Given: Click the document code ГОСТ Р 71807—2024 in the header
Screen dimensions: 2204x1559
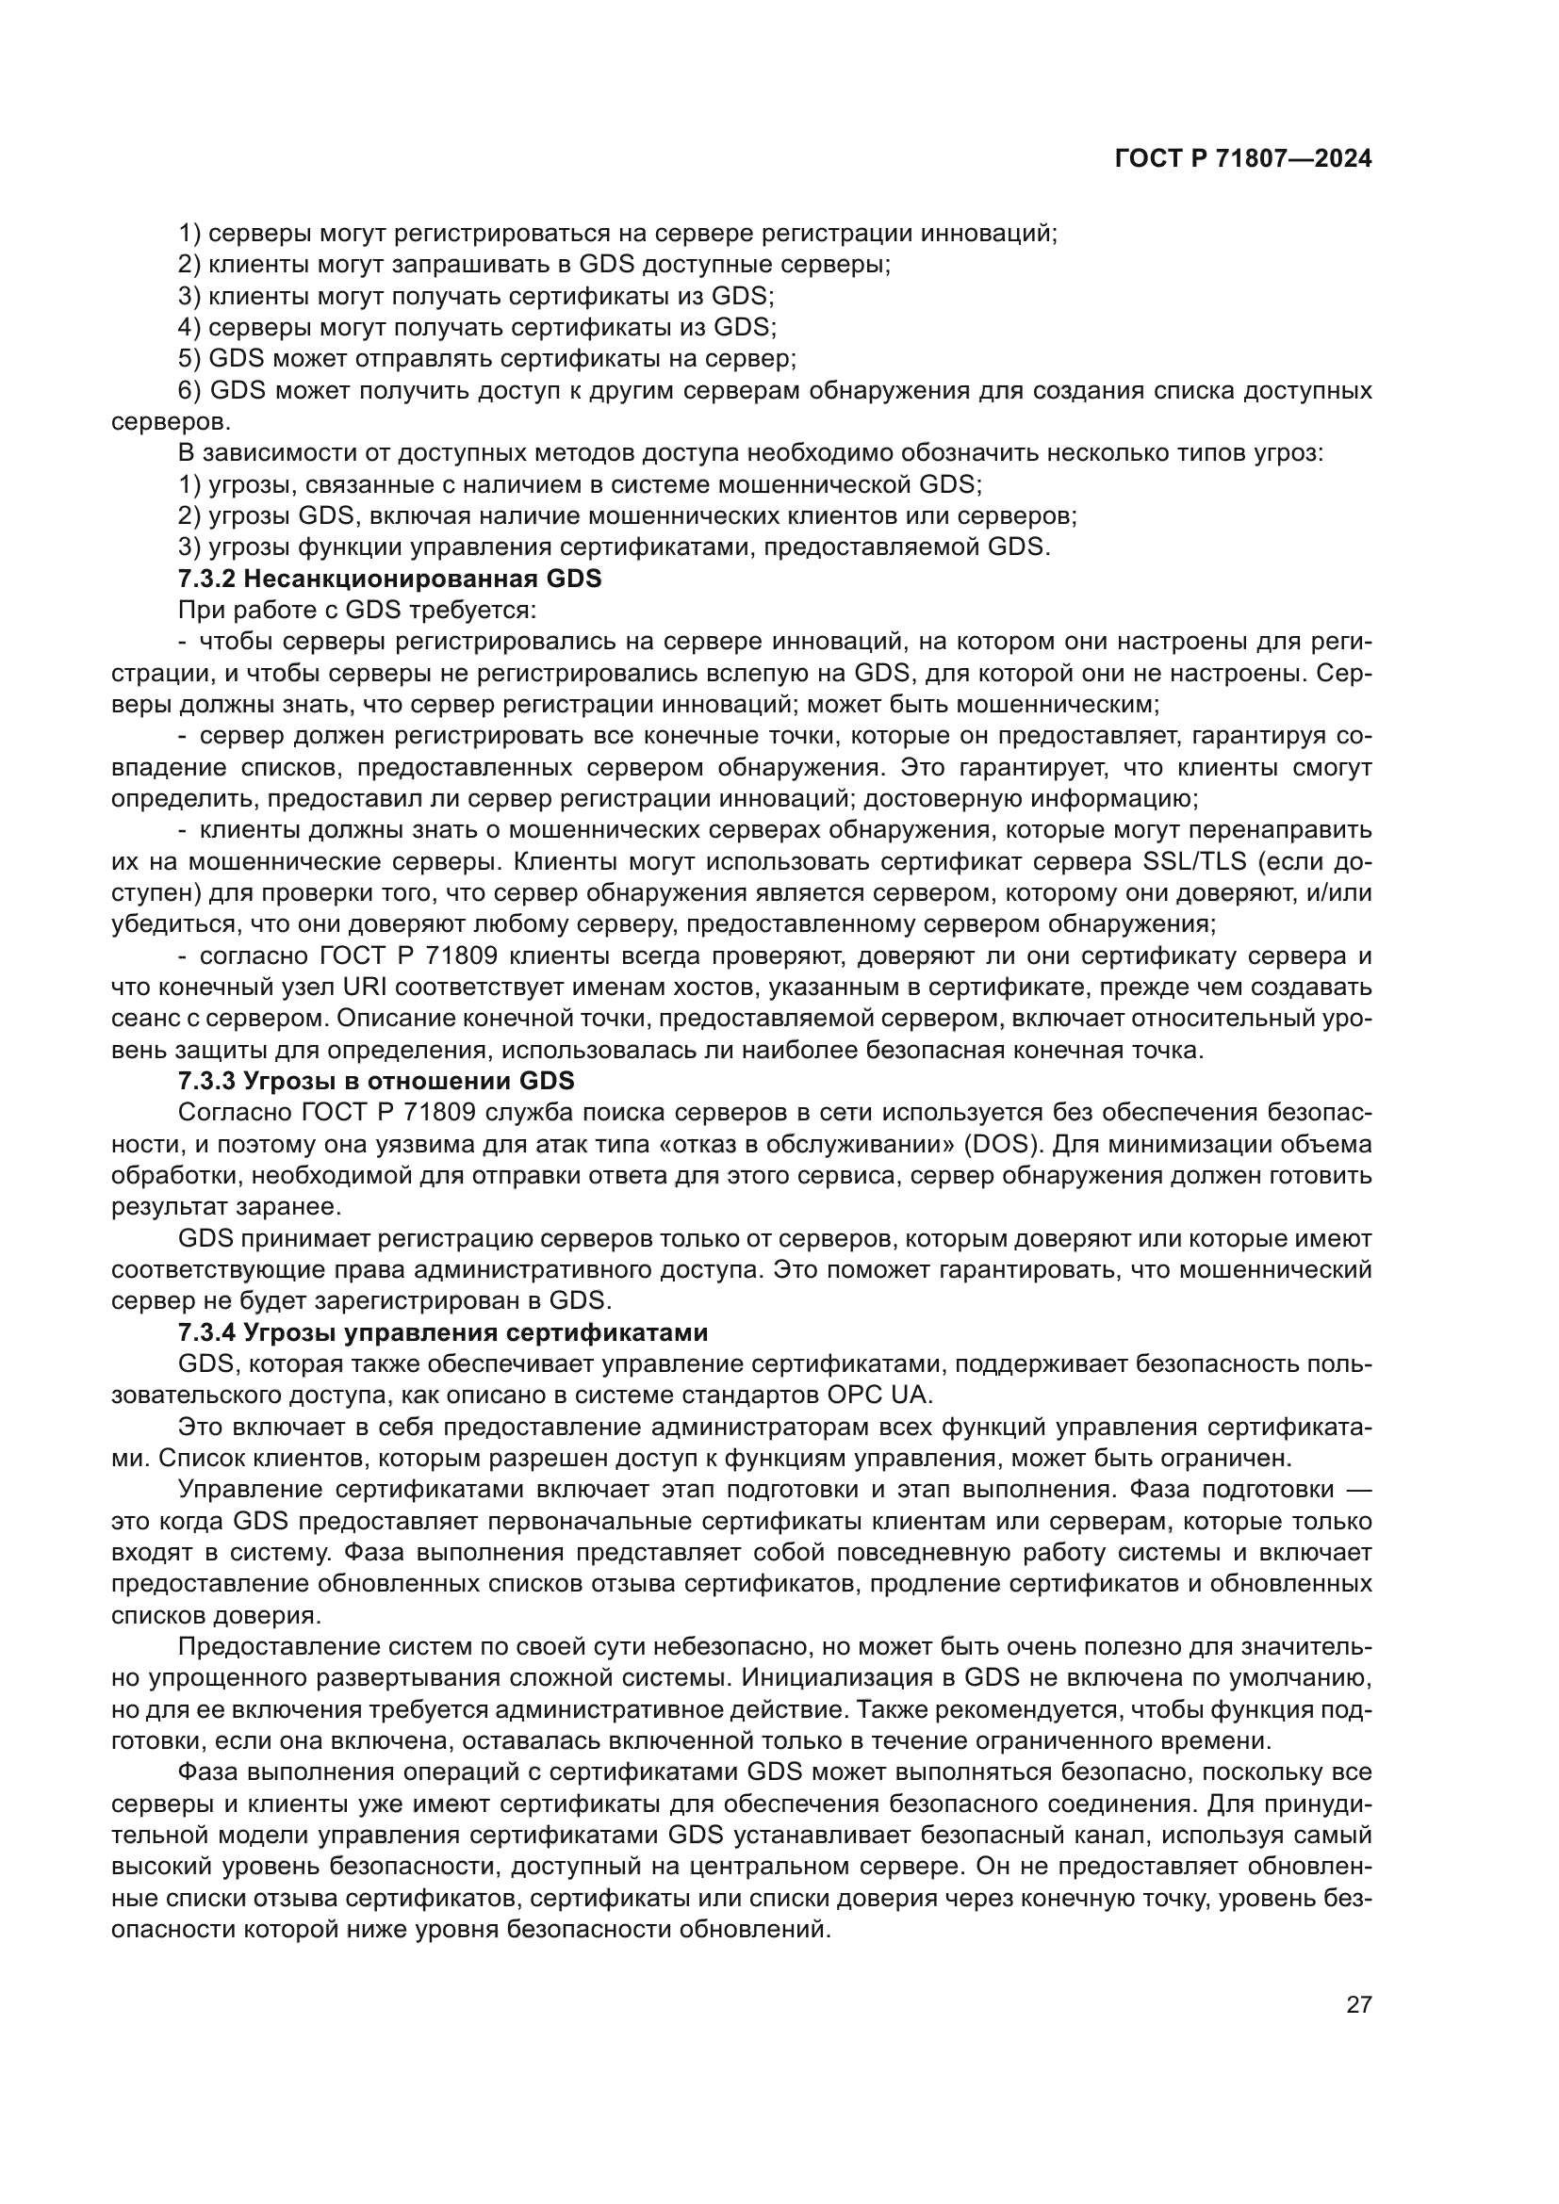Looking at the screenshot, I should coord(1243,159).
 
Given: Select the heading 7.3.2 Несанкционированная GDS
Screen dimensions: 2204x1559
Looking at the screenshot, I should coord(390,579).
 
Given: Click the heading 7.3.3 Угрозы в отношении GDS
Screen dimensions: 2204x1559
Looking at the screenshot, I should coord(376,1081).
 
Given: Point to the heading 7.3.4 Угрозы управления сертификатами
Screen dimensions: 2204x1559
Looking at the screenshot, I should coord(443,1332).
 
